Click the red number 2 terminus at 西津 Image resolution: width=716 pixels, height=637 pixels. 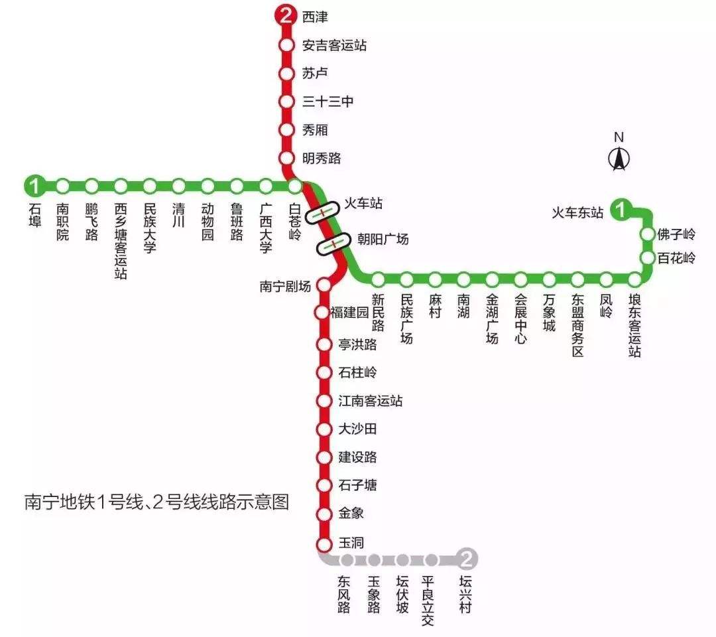286,16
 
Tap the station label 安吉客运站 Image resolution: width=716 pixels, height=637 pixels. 334,46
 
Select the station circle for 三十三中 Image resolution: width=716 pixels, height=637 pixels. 286,102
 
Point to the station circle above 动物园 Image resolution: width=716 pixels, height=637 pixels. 208,186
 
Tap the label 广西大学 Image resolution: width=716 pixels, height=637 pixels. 266,228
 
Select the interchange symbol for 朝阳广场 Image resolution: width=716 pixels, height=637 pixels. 333,244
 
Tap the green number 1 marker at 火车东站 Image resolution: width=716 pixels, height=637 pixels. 621,210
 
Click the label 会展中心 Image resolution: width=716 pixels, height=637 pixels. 520,318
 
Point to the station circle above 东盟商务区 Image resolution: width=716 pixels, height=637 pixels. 577,279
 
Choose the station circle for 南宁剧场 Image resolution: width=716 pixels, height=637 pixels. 324,285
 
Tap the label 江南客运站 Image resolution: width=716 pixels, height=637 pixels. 370,401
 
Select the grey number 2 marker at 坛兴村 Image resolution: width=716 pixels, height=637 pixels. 467,559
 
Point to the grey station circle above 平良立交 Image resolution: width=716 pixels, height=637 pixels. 431,559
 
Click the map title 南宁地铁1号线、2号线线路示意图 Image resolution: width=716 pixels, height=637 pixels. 156,502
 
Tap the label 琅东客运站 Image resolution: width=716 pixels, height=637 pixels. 635,324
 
